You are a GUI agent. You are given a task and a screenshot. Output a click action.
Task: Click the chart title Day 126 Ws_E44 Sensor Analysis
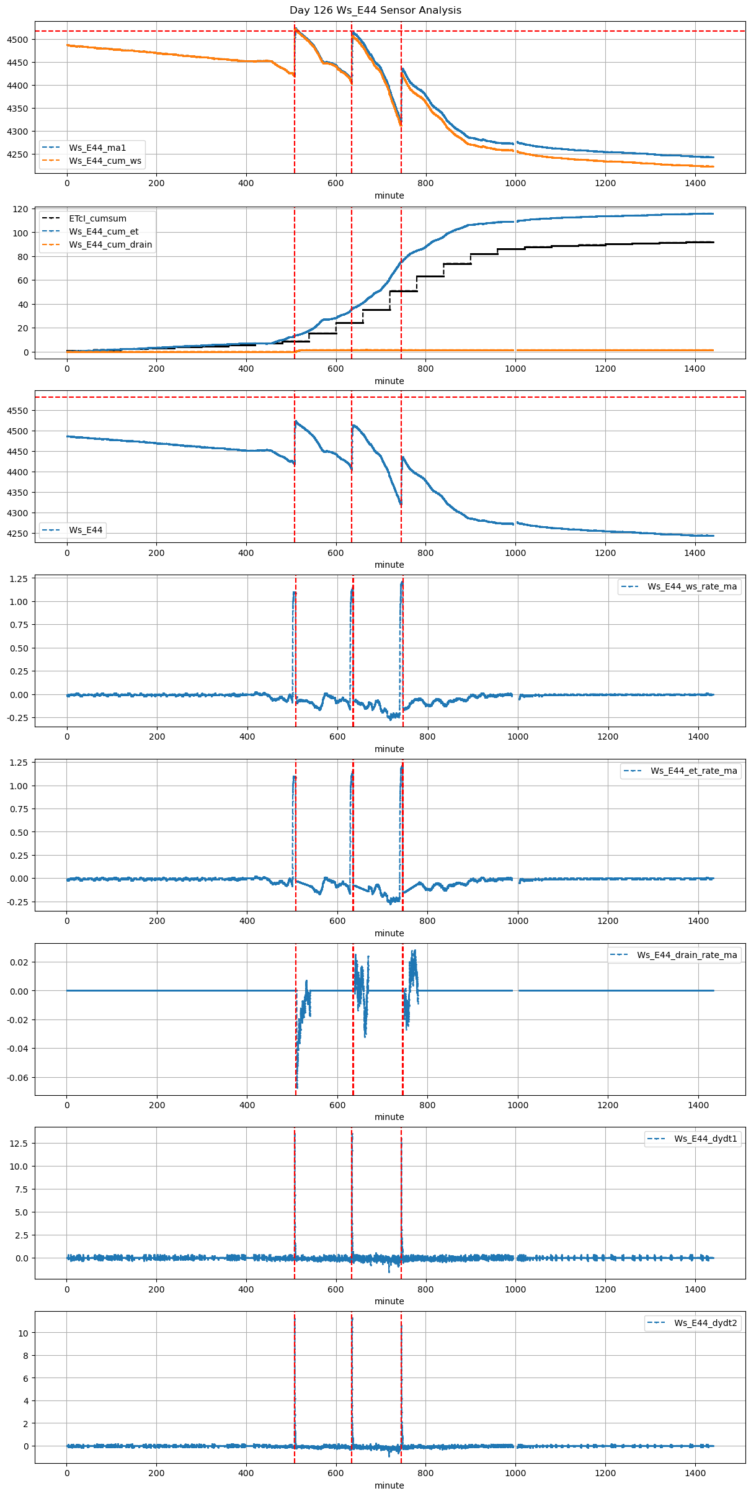click(x=375, y=11)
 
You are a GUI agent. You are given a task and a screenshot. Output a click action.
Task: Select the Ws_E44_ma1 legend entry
click(x=97, y=148)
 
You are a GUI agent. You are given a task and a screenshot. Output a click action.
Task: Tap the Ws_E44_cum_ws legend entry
click(x=105, y=161)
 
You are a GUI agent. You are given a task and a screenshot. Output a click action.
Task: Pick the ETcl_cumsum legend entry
click(x=97, y=218)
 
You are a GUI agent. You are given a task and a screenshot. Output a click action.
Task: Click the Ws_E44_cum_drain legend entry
click(x=110, y=244)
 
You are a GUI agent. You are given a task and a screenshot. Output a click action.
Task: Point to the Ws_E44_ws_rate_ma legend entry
click(x=692, y=586)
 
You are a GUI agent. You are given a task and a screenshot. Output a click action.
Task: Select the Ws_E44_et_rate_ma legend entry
click(x=693, y=771)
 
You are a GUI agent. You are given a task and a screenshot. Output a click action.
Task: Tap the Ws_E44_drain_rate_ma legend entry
click(x=687, y=955)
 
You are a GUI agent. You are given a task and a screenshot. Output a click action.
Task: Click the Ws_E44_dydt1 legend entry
click(x=706, y=1139)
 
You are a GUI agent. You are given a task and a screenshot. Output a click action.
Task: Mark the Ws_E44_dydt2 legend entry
click(x=706, y=1323)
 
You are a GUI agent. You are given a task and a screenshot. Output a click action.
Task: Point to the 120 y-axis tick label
click(x=21, y=209)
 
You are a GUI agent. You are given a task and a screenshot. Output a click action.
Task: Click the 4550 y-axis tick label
click(x=18, y=411)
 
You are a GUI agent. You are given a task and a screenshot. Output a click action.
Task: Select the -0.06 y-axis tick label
click(x=18, y=1078)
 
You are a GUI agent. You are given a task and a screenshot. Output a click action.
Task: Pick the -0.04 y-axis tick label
click(x=18, y=1049)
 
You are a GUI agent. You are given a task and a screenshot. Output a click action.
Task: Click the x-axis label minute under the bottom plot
click(x=389, y=1485)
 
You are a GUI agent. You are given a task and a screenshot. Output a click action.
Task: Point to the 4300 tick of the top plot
click(x=18, y=132)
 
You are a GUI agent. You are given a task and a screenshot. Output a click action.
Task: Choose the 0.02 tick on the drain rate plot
click(x=20, y=962)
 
